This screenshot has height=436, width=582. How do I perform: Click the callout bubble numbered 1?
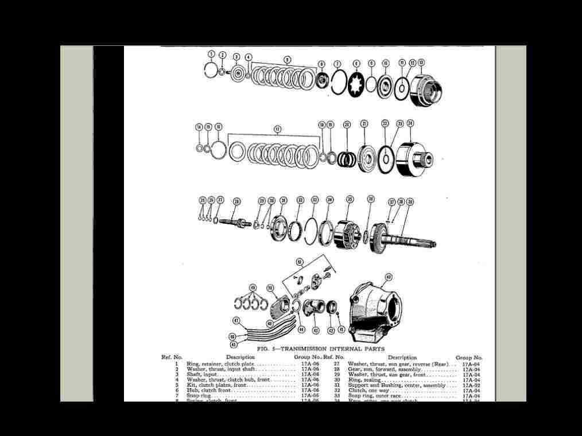[x=211, y=54]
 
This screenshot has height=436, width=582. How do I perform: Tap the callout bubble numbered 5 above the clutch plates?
[x=287, y=59]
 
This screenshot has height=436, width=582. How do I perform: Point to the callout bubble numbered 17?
[x=277, y=129]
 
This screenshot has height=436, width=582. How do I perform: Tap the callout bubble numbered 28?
[x=236, y=201]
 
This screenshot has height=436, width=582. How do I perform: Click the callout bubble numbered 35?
[x=350, y=200]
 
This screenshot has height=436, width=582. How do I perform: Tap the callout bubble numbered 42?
[x=388, y=277]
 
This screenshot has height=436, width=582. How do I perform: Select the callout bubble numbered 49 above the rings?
[x=253, y=287]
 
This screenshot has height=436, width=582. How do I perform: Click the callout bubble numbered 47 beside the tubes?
[x=235, y=320]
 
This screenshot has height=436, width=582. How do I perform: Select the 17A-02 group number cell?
[x=471, y=385]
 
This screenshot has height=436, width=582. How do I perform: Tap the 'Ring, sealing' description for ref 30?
[x=364, y=380]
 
